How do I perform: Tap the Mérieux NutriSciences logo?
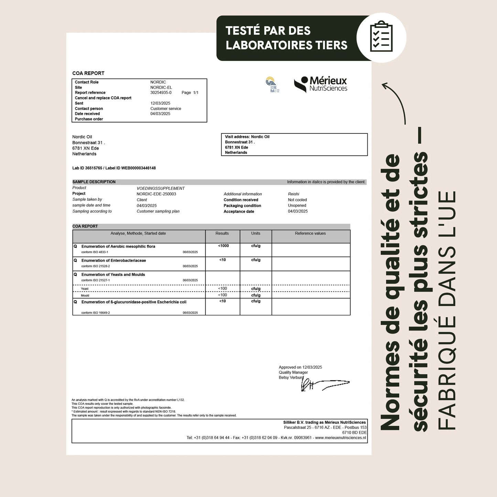[321, 84]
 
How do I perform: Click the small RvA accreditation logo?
[272, 84]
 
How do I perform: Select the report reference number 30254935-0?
[161, 93]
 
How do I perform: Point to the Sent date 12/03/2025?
[160, 103]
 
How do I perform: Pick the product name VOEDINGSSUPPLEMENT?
[161, 188]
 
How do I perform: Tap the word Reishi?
[293, 194]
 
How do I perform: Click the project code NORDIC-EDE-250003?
[156, 194]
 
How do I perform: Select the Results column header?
[222, 234]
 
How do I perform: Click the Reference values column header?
[310, 234]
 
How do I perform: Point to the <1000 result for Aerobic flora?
[223, 246]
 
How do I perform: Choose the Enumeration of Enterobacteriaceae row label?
[114, 261]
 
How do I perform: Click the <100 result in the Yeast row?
[223, 289]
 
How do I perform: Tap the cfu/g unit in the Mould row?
[256, 295]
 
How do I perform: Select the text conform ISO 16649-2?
[96, 313]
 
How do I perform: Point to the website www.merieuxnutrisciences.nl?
[341, 438]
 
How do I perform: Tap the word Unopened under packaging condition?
[297, 206]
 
